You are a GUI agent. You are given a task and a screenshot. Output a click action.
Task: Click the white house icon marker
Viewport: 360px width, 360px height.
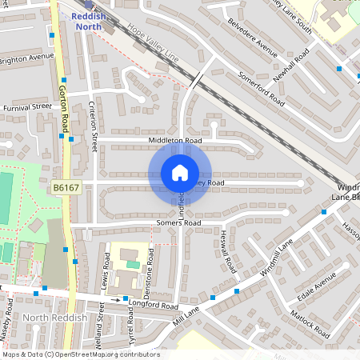pyautogui.click(x=180, y=173)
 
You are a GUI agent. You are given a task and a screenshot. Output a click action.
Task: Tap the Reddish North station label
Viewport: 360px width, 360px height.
pyautogui.click(x=87, y=21)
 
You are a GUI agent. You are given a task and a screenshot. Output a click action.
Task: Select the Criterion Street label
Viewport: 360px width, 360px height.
pyautogui.click(x=94, y=127)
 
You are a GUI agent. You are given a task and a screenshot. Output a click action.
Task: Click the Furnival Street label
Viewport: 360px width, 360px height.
pyautogui.click(x=26, y=106)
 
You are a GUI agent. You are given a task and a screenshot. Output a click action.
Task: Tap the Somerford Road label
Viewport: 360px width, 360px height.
pyautogui.click(x=262, y=89)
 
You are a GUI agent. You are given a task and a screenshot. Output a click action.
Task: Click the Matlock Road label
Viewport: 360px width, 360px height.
pyautogui.click(x=310, y=319)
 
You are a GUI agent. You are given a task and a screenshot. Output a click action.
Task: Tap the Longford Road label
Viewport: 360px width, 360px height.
pyautogui.click(x=153, y=305)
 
